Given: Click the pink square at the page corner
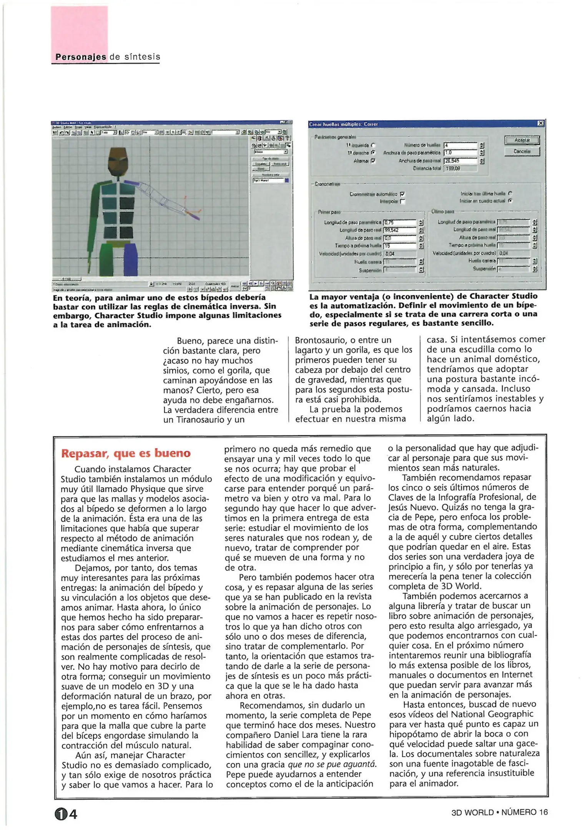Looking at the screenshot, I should (80, 29).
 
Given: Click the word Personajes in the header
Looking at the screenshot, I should (81, 57).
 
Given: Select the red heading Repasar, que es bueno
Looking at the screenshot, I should (126, 453).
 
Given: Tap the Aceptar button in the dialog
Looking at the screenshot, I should (522, 140).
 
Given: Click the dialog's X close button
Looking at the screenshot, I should (540, 123).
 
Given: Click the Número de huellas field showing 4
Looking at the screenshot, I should (460, 145).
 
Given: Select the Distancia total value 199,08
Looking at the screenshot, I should (460, 168).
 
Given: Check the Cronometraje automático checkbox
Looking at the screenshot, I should (402, 194).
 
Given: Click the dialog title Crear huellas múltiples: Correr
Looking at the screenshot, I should (343, 124).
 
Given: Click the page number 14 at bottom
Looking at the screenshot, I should (66, 814).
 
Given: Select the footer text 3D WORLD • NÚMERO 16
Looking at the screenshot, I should (499, 812).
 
